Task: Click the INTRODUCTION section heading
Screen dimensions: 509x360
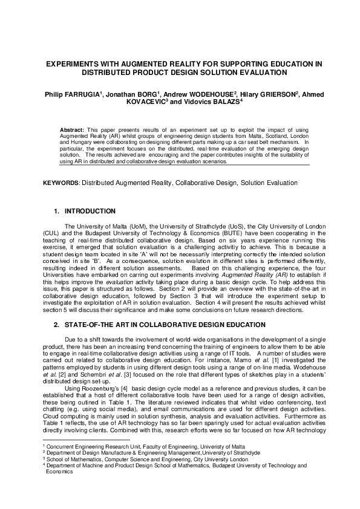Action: tap(90, 211)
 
